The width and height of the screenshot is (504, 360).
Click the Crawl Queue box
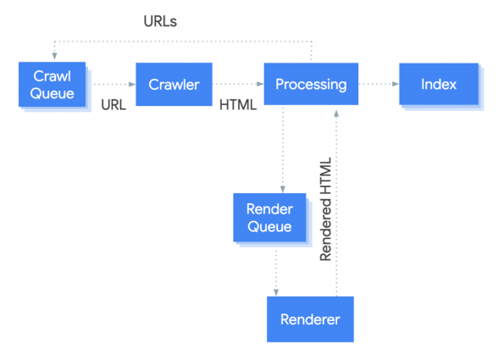tap(53, 83)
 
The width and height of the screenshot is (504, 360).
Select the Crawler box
tap(173, 84)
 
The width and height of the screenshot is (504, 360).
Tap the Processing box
tap(311, 84)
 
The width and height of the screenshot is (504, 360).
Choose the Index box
tap(439, 84)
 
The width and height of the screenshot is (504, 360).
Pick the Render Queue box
tap(269, 217)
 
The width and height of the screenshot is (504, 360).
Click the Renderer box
tap(310, 319)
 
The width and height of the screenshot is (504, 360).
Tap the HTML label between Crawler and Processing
tap(238, 106)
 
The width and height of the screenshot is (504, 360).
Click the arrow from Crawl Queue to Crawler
tap(114, 84)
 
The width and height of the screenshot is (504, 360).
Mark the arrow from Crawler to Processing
tap(239, 84)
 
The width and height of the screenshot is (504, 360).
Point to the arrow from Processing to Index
tap(379, 84)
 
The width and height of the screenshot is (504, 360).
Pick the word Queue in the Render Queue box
tap(269, 226)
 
